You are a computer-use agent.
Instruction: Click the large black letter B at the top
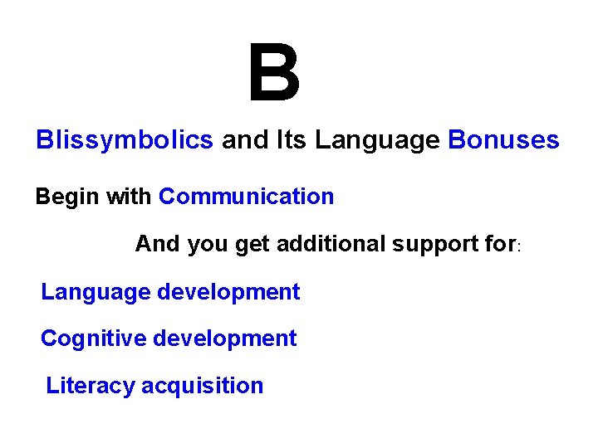(274, 74)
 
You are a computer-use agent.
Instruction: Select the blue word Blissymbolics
(125, 140)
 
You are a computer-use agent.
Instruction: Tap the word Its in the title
(292, 140)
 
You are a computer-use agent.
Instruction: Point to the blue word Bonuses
(503, 140)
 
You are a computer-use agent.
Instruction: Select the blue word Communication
(246, 197)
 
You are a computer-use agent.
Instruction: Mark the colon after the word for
(519, 247)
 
